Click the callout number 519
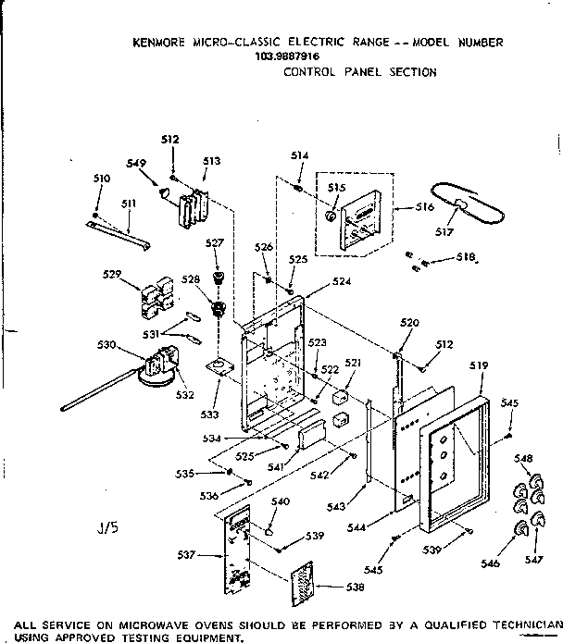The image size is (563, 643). [478, 366]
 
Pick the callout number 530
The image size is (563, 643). [106, 344]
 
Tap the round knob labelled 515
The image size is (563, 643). [331, 216]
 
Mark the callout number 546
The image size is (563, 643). [491, 563]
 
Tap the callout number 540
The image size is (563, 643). [280, 501]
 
